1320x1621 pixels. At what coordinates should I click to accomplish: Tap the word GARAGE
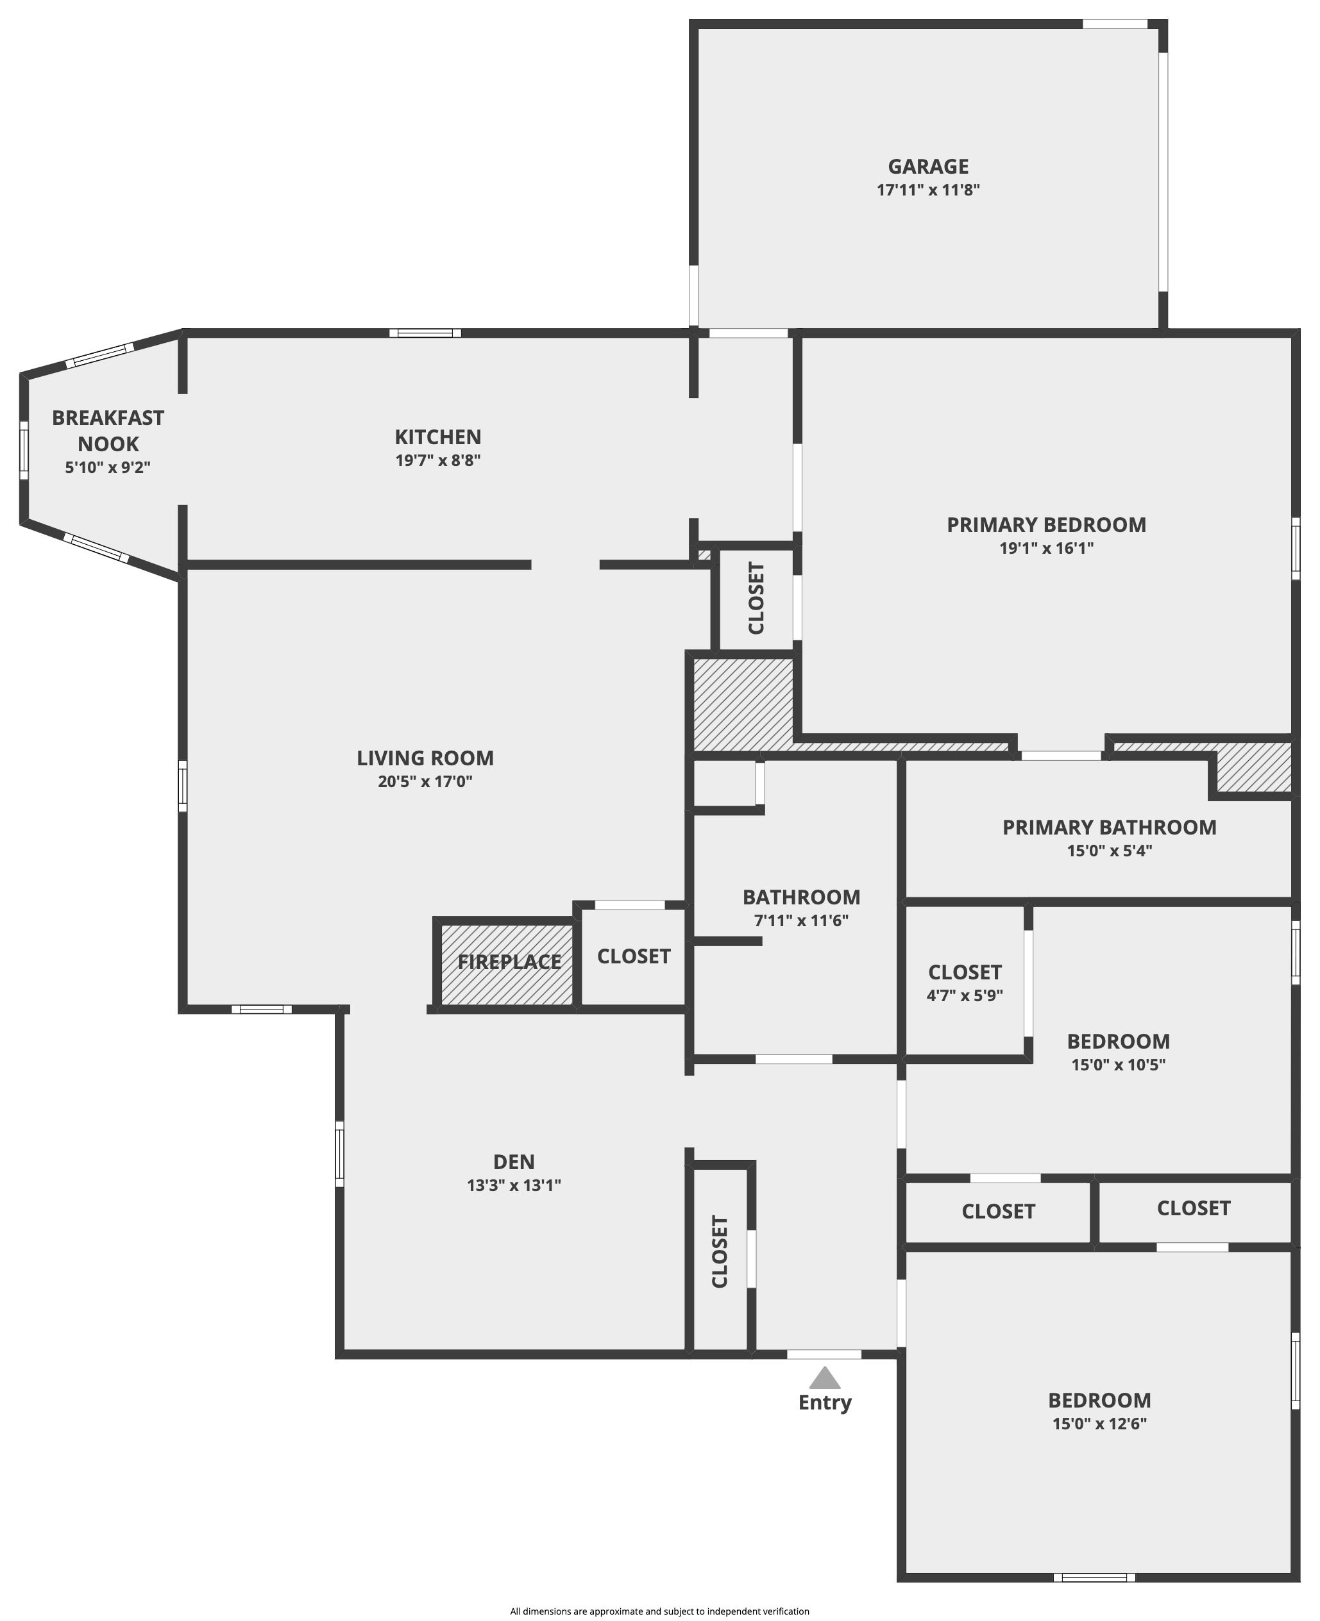928,167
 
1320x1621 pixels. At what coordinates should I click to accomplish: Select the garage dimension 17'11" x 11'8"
928,190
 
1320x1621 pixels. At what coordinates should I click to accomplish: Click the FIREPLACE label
509,962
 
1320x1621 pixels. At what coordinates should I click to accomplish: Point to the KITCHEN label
438,437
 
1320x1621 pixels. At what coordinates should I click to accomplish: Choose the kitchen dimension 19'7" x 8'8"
438,461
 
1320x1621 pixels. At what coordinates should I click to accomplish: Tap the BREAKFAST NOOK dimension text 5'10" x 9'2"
108,467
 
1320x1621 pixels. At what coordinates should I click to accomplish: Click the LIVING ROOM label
426,758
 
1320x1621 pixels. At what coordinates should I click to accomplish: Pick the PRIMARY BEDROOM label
1046,524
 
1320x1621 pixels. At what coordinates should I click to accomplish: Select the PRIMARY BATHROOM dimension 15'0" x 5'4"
1110,851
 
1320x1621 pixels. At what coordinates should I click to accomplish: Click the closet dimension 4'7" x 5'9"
965,995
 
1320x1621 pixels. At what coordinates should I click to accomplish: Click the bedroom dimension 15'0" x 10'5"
1119,1065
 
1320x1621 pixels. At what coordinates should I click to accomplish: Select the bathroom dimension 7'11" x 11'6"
802,920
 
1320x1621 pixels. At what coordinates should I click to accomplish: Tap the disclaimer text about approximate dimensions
660,1611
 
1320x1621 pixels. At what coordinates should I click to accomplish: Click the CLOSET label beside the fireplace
634,956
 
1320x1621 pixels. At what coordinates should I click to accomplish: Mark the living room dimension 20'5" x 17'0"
426,781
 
